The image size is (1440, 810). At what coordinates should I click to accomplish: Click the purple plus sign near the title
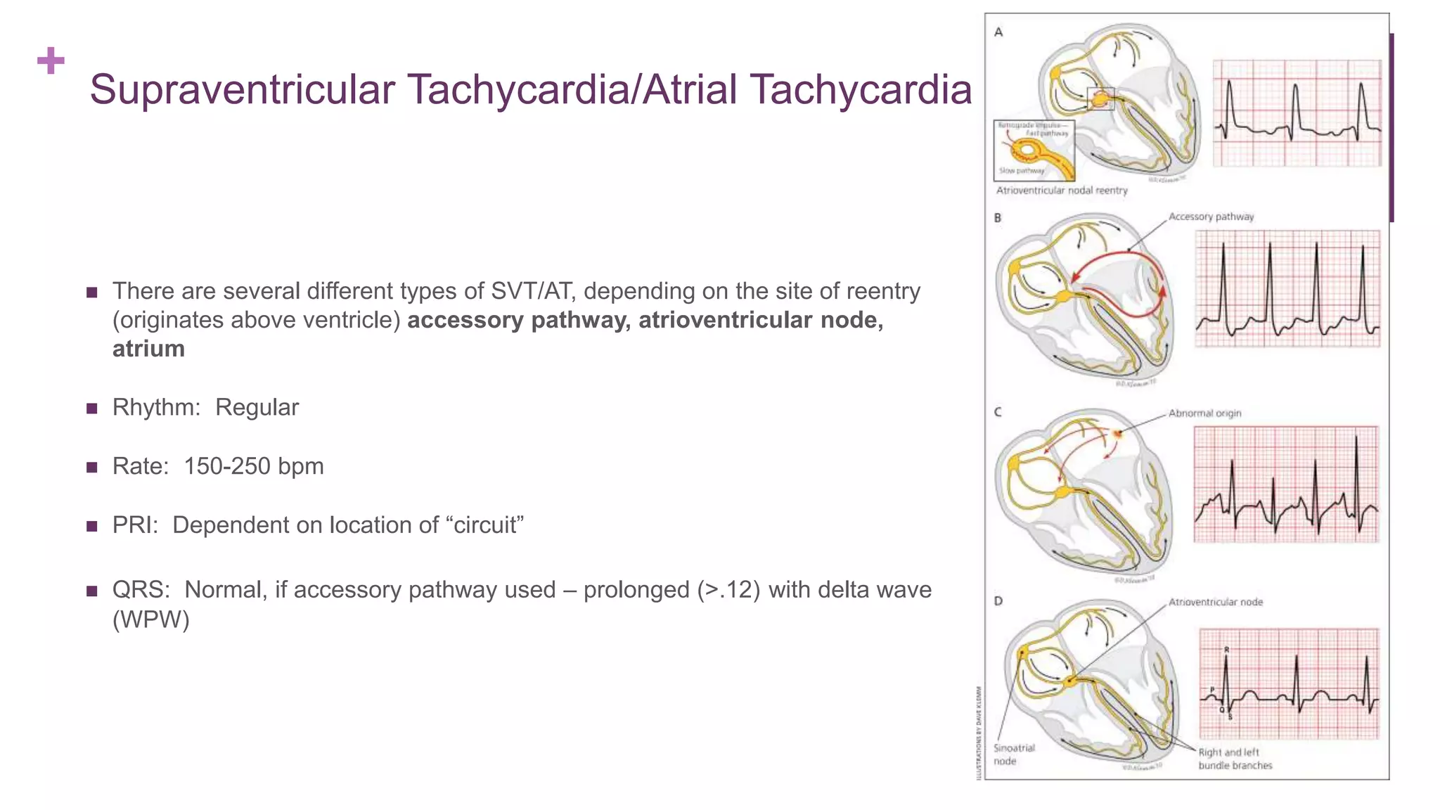click(x=51, y=61)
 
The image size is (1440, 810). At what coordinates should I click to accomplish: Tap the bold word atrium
click(x=148, y=349)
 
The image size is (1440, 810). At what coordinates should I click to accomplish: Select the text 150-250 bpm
click(x=253, y=466)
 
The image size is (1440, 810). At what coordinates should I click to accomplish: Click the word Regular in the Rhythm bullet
click(x=257, y=408)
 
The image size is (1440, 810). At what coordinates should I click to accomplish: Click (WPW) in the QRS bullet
click(x=150, y=619)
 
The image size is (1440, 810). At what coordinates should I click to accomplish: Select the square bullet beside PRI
click(x=91, y=526)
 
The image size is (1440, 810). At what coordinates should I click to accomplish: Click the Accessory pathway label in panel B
click(x=1211, y=217)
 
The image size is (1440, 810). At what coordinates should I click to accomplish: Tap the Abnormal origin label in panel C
click(x=1204, y=413)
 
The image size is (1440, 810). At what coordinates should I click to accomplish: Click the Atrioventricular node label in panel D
click(x=1215, y=602)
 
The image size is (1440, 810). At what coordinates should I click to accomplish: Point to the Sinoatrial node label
click(x=1013, y=754)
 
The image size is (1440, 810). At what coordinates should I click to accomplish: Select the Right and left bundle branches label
click(x=1235, y=759)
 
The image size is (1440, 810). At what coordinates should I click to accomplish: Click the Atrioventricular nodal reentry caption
click(x=1061, y=191)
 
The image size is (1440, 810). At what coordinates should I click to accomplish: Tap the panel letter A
click(x=998, y=32)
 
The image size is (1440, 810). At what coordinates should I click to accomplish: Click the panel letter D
click(x=998, y=601)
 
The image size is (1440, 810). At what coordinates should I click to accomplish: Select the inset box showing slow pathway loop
click(x=1034, y=150)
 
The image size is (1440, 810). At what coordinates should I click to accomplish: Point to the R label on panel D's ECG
click(x=1227, y=650)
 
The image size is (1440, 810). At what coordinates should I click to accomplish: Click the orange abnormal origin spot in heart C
click(x=1117, y=434)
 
